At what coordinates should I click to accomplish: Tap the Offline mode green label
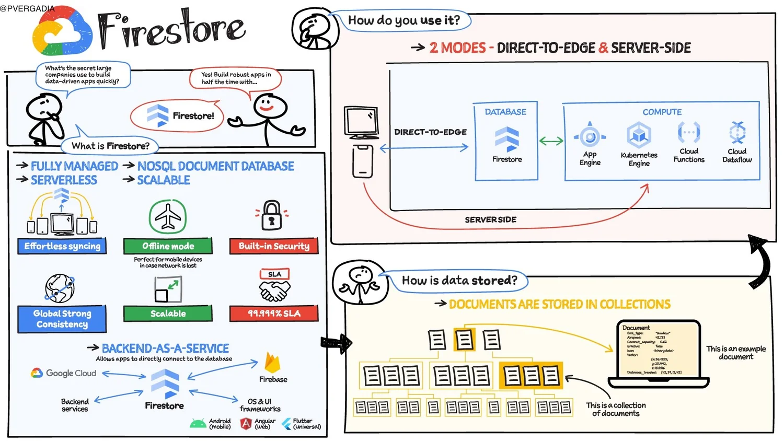pyautogui.click(x=168, y=246)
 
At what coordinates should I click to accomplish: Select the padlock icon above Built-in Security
pyautogui.click(x=272, y=215)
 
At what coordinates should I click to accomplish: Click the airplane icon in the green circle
pyautogui.click(x=168, y=216)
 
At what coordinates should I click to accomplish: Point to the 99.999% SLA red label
pyautogui.click(x=274, y=314)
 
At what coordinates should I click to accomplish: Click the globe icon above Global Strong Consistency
pyautogui.click(x=60, y=288)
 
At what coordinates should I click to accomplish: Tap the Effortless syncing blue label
pyautogui.click(x=62, y=246)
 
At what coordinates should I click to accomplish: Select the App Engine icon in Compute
pyautogui.click(x=590, y=136)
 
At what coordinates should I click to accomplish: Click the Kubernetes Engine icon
pyautogui.click(x=639, y=136)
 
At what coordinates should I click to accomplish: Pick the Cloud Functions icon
pyautogui.click(x=689, y=133)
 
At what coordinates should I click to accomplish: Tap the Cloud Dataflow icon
pyautogui.click(x=737, y=133)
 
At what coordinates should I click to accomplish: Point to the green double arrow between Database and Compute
pyautogui.click(x=551, y=141)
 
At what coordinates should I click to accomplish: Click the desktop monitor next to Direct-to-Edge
pyautogui.click(x=361, y=122)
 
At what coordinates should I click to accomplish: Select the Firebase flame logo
pyautogui.click(x=272, y=363)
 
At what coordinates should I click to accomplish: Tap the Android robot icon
pyautogui.click(x=198, y=424)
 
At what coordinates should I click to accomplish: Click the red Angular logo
pyautogui.click(x=246, y=424)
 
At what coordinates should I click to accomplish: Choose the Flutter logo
pyautogui.click(x=286, y=424)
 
